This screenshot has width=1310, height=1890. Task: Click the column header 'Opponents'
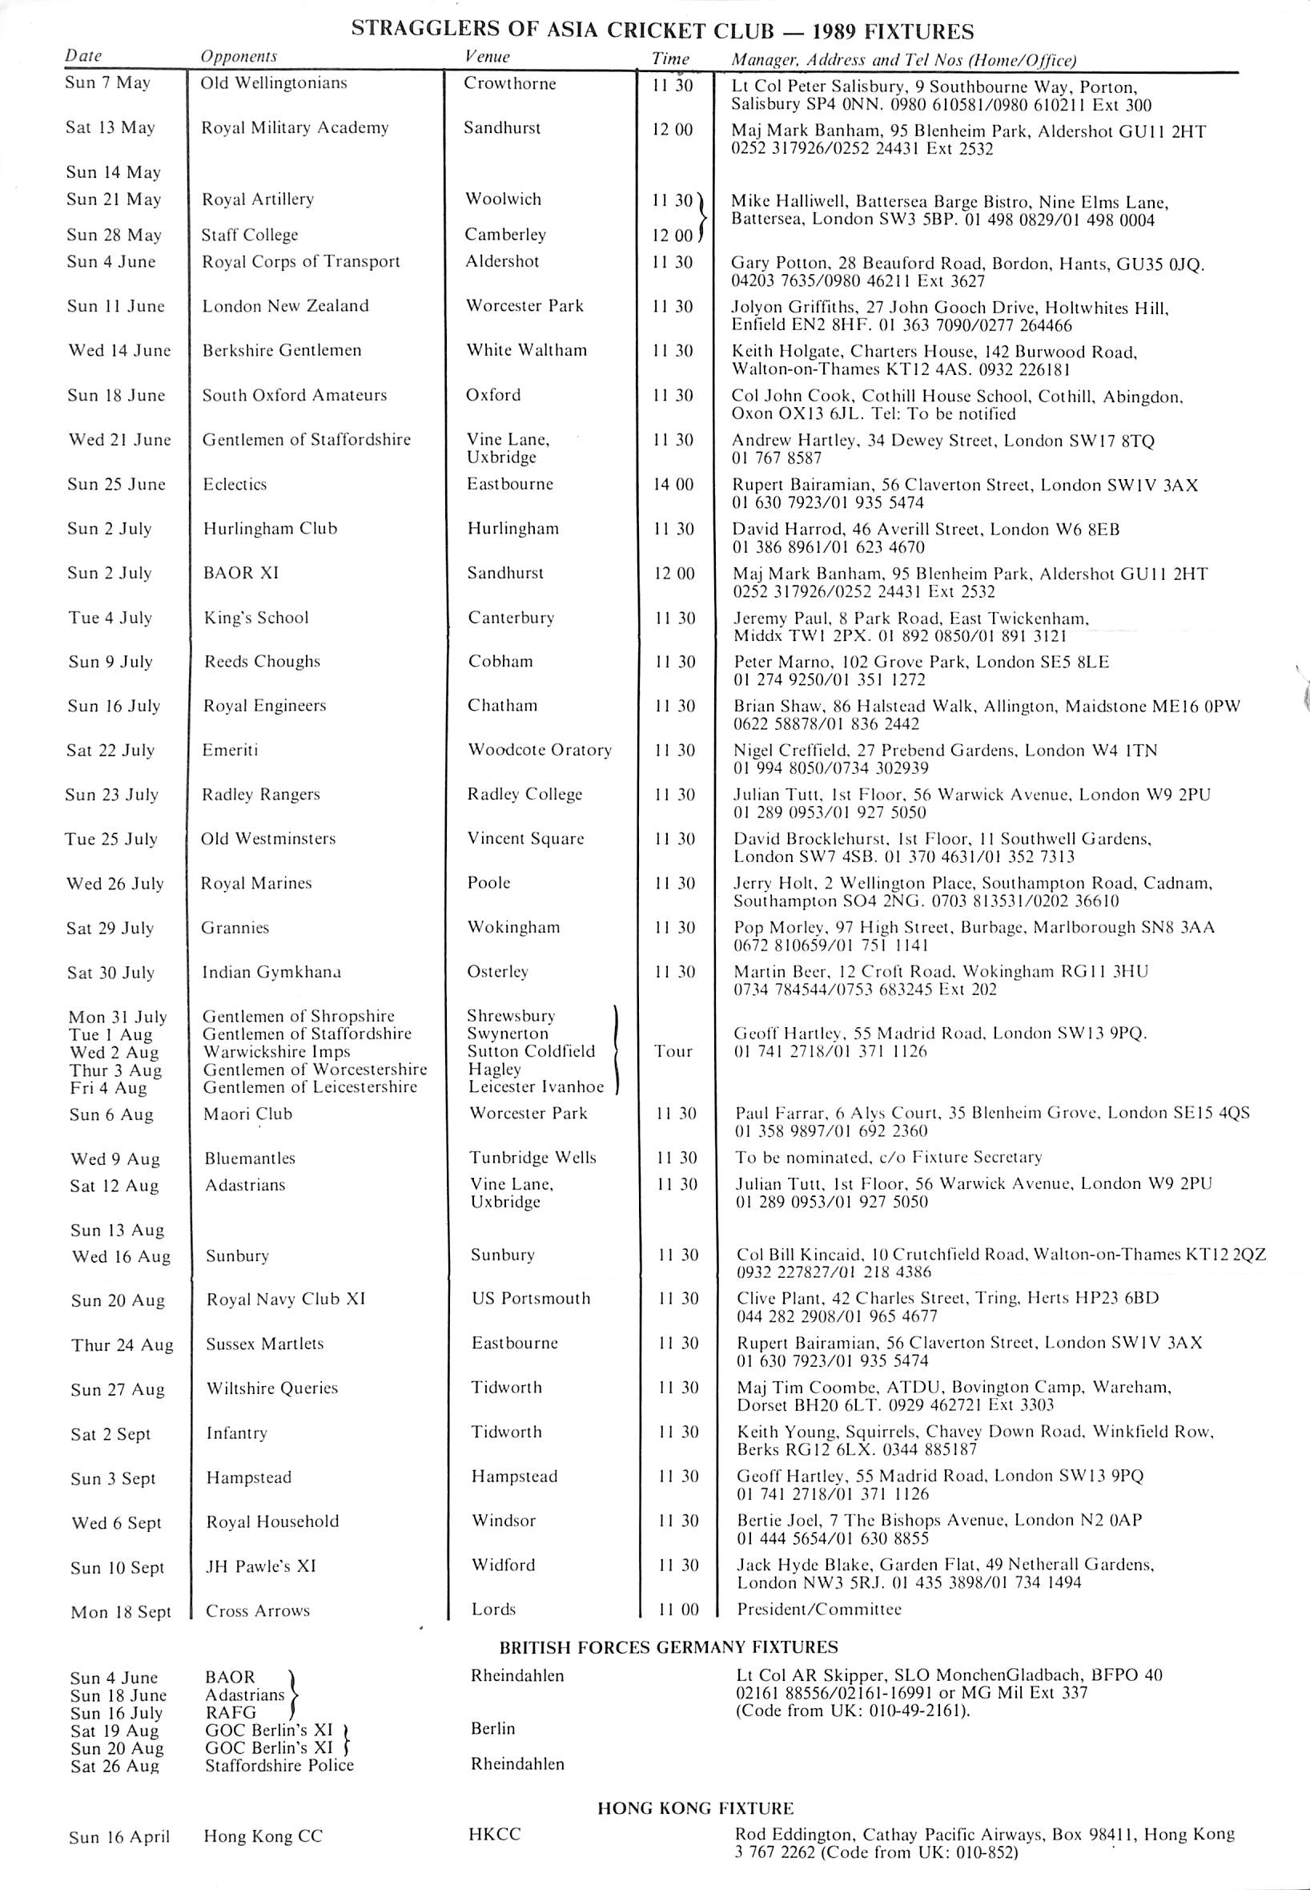pyautogui.click(x=239, y=57)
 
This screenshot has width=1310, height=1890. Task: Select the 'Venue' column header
pyautogui.click(x=487, y=57)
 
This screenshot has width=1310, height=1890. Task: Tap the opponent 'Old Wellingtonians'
pyautogui.click(x=274, y=83)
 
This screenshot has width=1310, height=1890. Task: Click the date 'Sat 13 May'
pyautogui.click(x=110, y=127)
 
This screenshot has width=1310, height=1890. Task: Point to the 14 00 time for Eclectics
pyautogui.click(x=673, y=485)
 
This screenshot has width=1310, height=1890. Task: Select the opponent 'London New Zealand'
pyautogui.click(x=286, y=306)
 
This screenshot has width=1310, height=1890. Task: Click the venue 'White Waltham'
pyautogui.click(x=527, y=351)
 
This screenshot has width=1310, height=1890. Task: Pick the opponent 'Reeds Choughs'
pyautogui.click(x=262, y=662)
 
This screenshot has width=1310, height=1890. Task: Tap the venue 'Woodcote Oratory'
pyautogui.click(x=540, y=751)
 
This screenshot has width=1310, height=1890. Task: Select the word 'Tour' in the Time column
pyautogui.click(x=673, y=1052)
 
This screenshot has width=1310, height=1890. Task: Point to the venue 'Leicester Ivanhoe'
pyautogui.click(x=536, y=1087)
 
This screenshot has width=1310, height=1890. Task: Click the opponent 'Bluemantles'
pyautogui.click(x=250, y=1159)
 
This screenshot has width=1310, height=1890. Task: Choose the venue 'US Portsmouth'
pyautogui.click(x=530, y=1299)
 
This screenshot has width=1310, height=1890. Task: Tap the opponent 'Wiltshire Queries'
pyautogui.click(x=271, y=1388)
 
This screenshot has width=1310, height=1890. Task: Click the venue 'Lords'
pyautogui.click(x=492, y=1610)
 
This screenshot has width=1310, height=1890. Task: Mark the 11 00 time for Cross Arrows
pyautogui.click(x=678, y=1610)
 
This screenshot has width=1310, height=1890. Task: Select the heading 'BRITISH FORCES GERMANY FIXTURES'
pyautogui.click(x=669, y=1647)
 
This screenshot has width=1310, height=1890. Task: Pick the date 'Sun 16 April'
pyautogui.click(x=119, y=1837)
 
